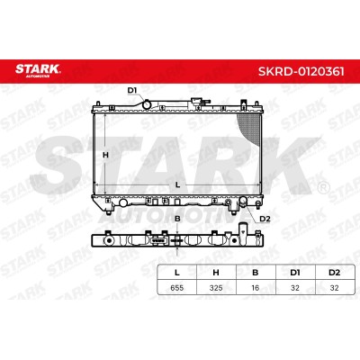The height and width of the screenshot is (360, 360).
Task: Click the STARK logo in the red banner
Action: pos(38,70)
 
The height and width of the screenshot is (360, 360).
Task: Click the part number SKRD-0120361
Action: pos(301,72)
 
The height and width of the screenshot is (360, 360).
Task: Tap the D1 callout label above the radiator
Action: pos(132,90)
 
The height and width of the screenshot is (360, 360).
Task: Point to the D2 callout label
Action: pos(265,219)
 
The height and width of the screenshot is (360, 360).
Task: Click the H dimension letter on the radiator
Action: pos(105,155)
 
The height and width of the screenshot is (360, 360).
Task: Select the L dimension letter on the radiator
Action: pos(177,185)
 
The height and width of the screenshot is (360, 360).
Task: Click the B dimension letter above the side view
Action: pos(177,219)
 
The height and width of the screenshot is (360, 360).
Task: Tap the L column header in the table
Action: pos(177,273)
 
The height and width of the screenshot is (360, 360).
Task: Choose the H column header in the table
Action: pos(216,273)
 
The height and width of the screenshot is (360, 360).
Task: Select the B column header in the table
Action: pos(256,273)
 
